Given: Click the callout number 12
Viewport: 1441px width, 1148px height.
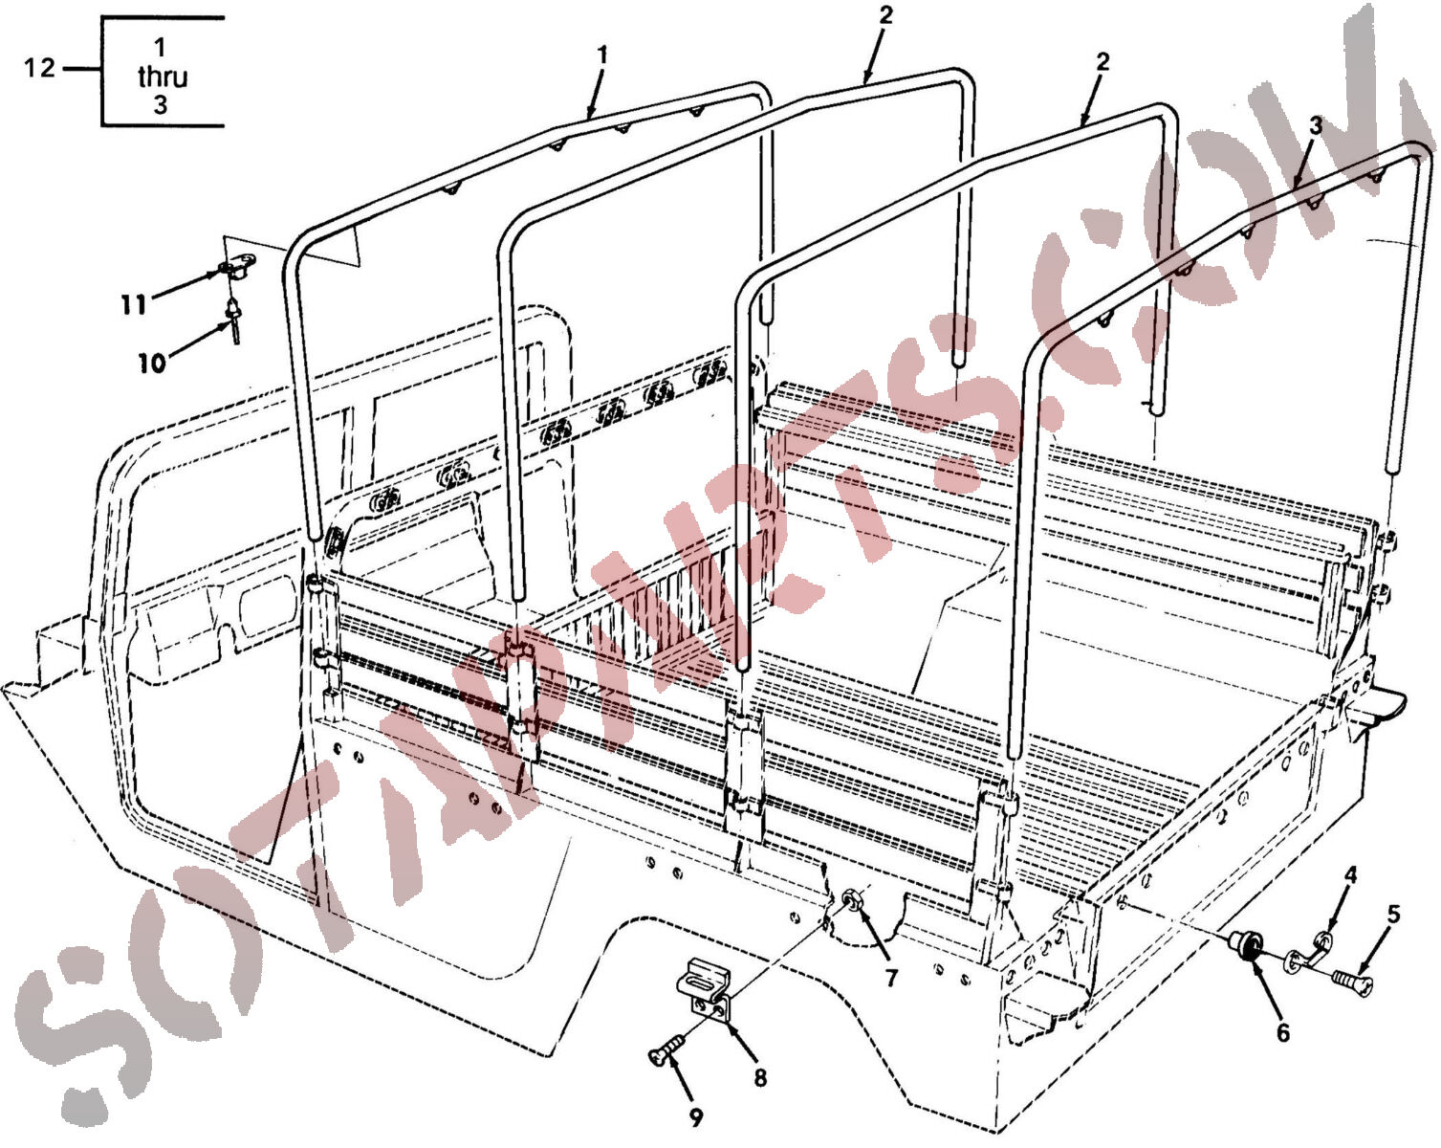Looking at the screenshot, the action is coord(39,68).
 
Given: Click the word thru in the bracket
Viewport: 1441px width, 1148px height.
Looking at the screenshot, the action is coord(162,77).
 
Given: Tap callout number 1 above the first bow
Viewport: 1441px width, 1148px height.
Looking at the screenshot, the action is coord(602,55).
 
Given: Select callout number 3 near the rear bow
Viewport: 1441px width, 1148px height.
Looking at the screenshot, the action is coord(1315,125).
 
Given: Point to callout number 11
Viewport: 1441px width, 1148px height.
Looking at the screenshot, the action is coord(133,305).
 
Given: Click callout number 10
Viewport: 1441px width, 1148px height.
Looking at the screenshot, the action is coord(152,364).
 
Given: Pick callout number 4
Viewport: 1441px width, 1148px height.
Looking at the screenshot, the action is coord(1350,874).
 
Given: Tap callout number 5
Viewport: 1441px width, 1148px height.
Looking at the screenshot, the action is coord(1393,915).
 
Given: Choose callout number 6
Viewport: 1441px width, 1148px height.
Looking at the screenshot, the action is coord(1282,1033).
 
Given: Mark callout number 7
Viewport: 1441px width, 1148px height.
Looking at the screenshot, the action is coord(890,978).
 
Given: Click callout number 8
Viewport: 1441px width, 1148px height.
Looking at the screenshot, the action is coord(760,1077).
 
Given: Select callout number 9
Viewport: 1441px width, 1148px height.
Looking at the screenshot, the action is coord(696,1117).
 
